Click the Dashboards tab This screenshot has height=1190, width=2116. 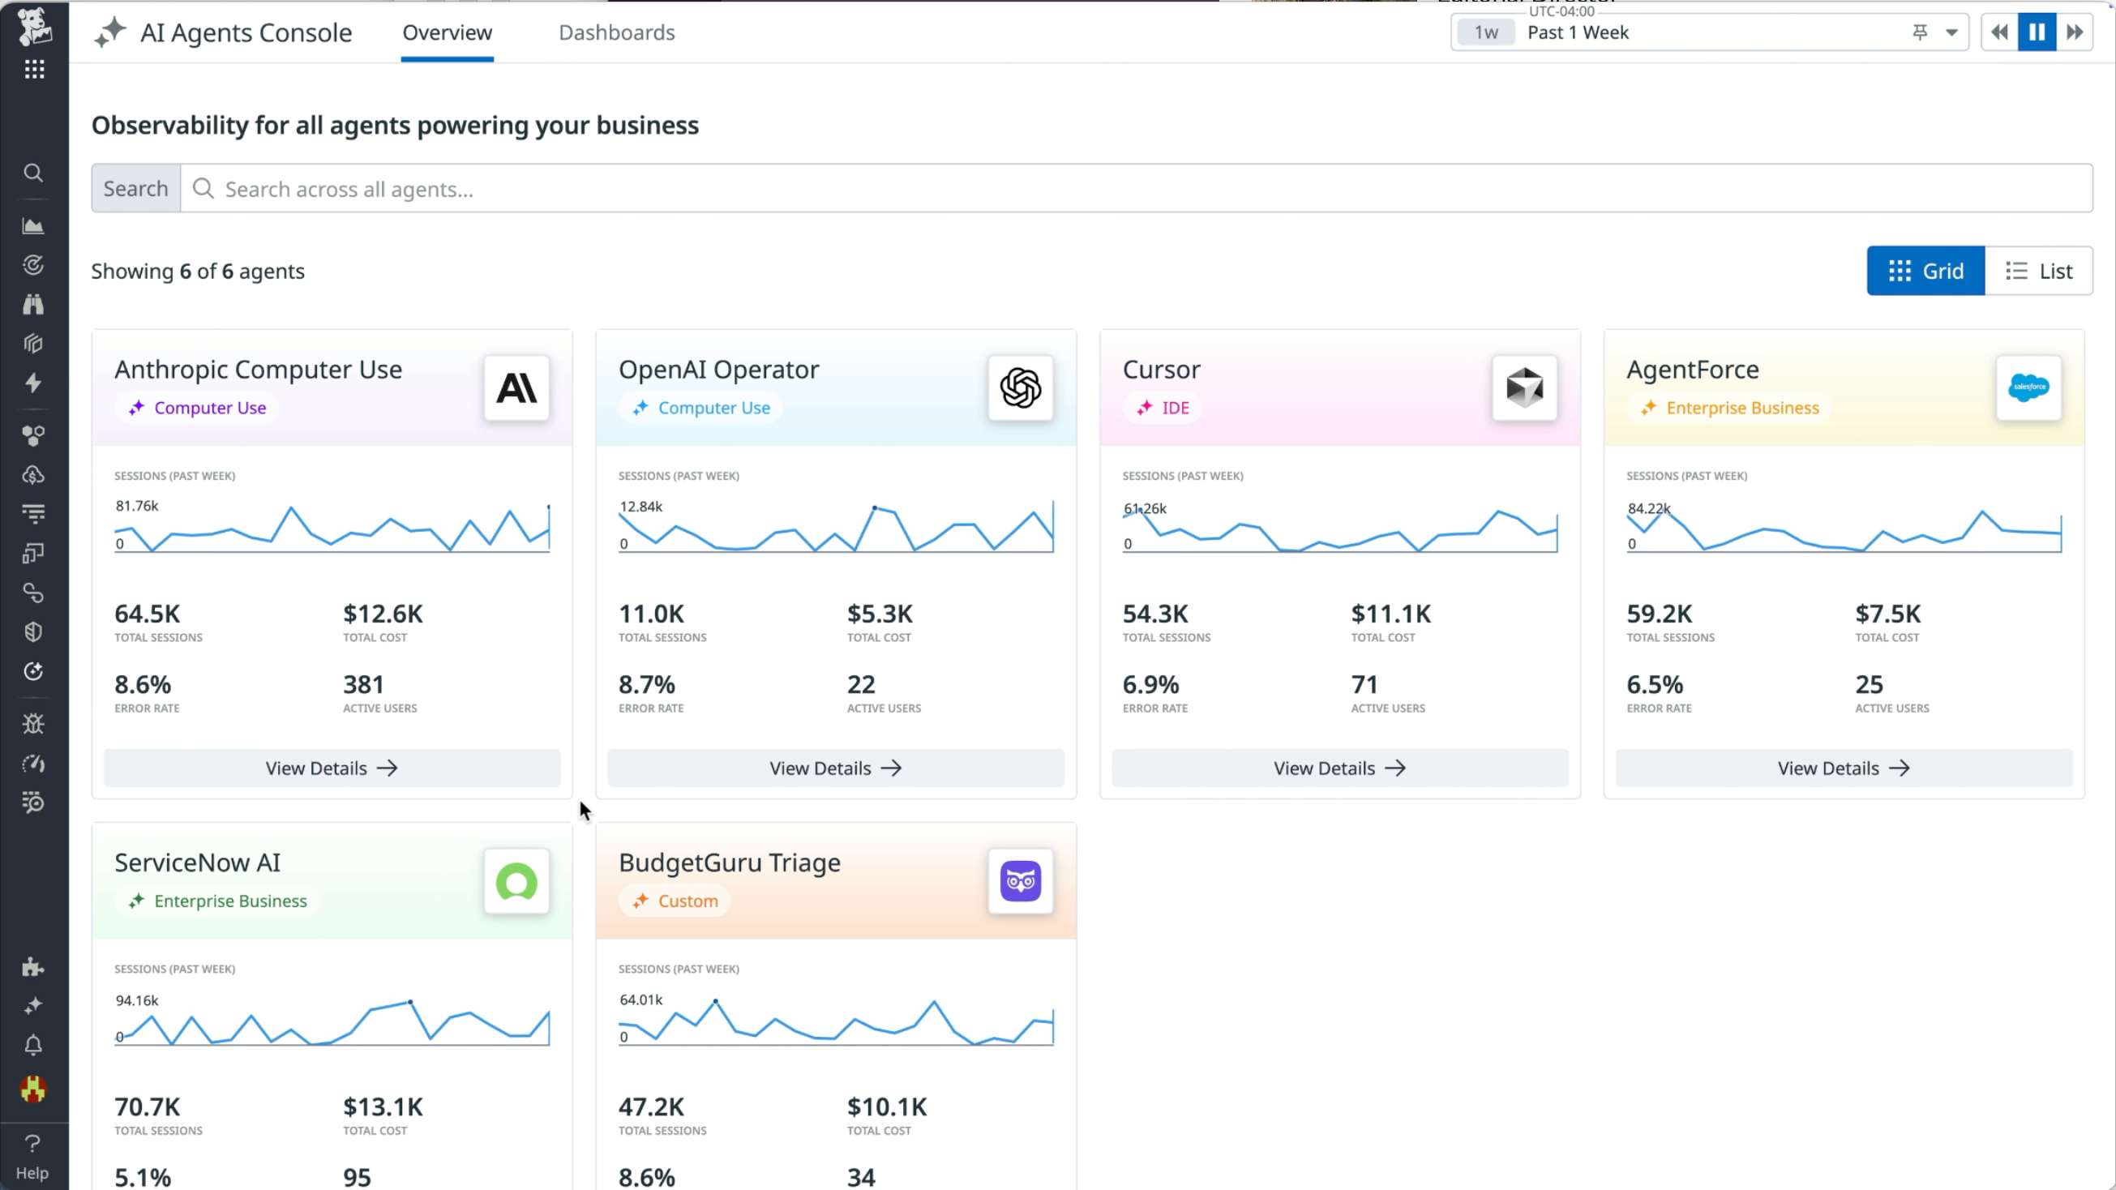(x=616, y=32)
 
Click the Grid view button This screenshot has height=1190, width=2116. (x=1925, y=271)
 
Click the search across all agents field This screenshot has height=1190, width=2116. (x=1133, y=189)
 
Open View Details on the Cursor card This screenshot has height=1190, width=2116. (x=1339, y=768)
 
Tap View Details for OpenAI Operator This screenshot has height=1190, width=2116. (x=835, y=768)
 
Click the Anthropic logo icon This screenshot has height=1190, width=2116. (x=516, y=387)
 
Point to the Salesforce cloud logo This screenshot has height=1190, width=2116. (x=2028, y=387)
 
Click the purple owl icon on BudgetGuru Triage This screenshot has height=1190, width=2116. (x=1020, y=881)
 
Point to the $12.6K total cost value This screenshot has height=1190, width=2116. (x=383, y=614)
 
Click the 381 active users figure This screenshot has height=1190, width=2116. (x=363, y=684)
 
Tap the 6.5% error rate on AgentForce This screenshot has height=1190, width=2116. (x=1655, y=684)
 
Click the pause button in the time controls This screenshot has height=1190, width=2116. (x=2037, y=32)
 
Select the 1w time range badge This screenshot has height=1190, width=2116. (x=1485, y=32)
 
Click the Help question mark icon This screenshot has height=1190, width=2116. (x=33, y=1143)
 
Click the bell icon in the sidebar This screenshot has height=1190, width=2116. (x=33, y=1046)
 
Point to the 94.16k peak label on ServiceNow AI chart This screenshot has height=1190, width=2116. (x=136, y=1000)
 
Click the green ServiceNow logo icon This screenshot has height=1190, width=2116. (x=516, y=881)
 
